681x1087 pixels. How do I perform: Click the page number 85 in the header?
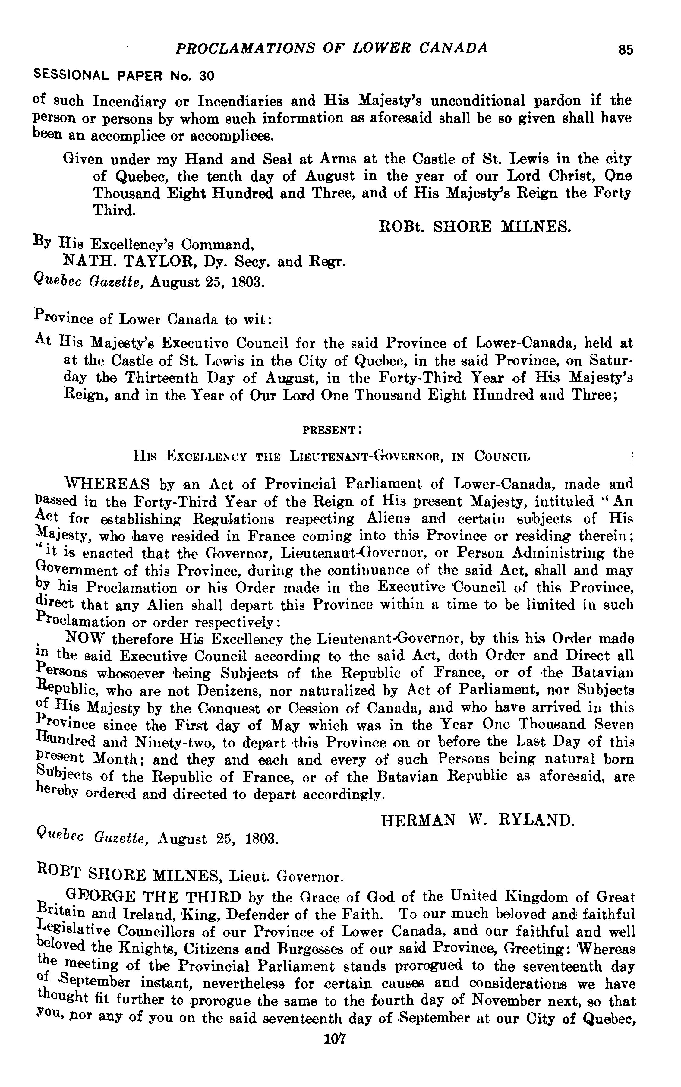pyautogui.click(x=626, y=49)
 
